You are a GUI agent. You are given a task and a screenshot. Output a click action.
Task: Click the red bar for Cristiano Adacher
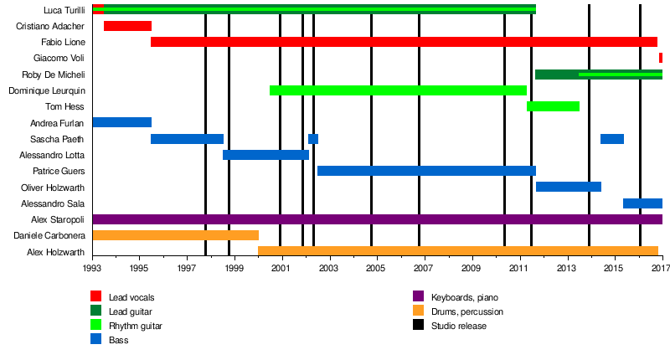pyautogui.click(x=127, y=26)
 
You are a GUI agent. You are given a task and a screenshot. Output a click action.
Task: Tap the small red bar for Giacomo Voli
pyautogui.click(x=660, y=58)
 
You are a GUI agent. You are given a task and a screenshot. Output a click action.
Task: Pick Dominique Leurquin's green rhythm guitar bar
pyautogui.click(x=398, y=90)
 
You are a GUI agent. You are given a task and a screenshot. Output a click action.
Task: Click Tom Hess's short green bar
pyautogui.click(x=553, y=106)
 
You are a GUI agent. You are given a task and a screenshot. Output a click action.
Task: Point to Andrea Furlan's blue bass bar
pyautogui.click(x=121, y=122)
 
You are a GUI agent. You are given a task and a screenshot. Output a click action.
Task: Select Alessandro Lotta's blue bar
pyautogui.click(x=265, y=155)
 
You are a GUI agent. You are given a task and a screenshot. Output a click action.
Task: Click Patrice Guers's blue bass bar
pyautogui.click(x=426, y=171)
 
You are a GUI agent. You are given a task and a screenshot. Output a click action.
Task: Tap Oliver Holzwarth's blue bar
pyautogui.click(x=568, y=187)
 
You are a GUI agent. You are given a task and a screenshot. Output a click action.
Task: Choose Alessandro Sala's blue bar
pyautogui.click(x=642, y=203)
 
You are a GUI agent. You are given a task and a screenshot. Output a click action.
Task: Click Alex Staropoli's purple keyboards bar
pyautogui.click(x=377, y=219)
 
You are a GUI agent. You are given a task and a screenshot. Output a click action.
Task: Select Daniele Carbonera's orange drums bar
pyautogui.click(x=175, y=235)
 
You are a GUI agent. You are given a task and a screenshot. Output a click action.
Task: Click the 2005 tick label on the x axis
pyautogui.click(x=376, y=269)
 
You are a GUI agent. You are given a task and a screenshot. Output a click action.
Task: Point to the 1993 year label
pyautogui.click(x=92, y=269)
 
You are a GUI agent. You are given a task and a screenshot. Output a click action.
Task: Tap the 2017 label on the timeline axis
pyautogui.click(x=661, y=269)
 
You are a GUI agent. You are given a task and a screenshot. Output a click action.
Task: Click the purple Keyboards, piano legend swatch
pyautogui.click(x=420, y=297)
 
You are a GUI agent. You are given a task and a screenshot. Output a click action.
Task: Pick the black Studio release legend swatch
pyautogui.click(x=420, y=326)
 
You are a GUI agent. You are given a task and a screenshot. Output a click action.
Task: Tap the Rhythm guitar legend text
pyautogui.click(x=136, y=326)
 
